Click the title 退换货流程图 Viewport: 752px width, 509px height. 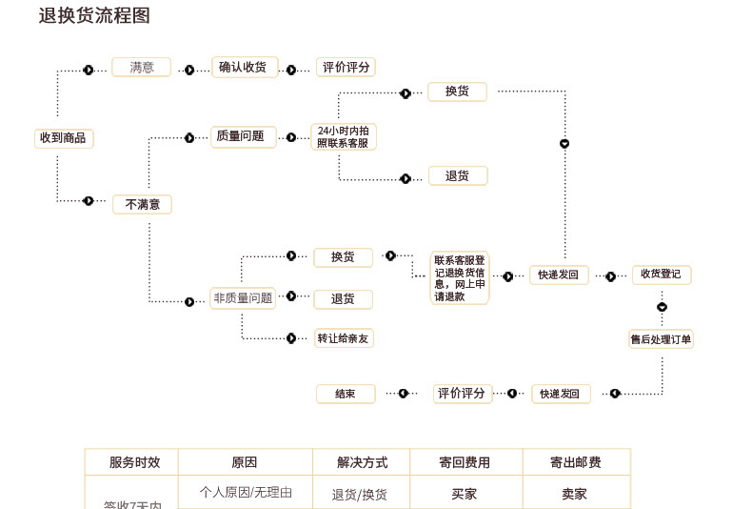click(x=94, y=16)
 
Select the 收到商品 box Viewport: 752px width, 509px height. click(x=64, y=138)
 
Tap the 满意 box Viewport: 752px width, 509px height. click(x=142, y=68)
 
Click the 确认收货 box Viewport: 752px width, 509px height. click(x=245, y=68)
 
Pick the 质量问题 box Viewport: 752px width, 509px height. click(x=243, y=137)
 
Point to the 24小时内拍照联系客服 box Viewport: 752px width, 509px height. click(x=344, y=136)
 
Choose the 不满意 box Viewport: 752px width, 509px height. click(x=143, y=204)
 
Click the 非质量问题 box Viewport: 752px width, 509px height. click(x=243, y=299)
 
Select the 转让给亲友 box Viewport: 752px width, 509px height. click(x=344, y=337)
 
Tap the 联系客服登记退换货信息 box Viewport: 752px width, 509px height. click(x=460, y=277)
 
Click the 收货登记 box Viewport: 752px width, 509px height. click(x=662, y=275)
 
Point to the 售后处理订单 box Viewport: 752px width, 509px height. click(x=662, y=338)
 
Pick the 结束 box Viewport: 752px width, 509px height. click(x=346, y=394)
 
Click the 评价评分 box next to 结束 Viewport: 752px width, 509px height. click(x=463, y=394)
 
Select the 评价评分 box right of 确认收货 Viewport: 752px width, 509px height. click(x=346, y=68)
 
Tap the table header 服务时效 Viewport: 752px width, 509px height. click(x=131, y=462)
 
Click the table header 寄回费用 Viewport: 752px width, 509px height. click(x=465, y=462)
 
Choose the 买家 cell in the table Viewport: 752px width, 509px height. click(x=465, y=494)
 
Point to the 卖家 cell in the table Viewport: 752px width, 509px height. click(x=576, y=494)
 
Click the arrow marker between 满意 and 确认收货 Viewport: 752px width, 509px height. click(x=189, y=70)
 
